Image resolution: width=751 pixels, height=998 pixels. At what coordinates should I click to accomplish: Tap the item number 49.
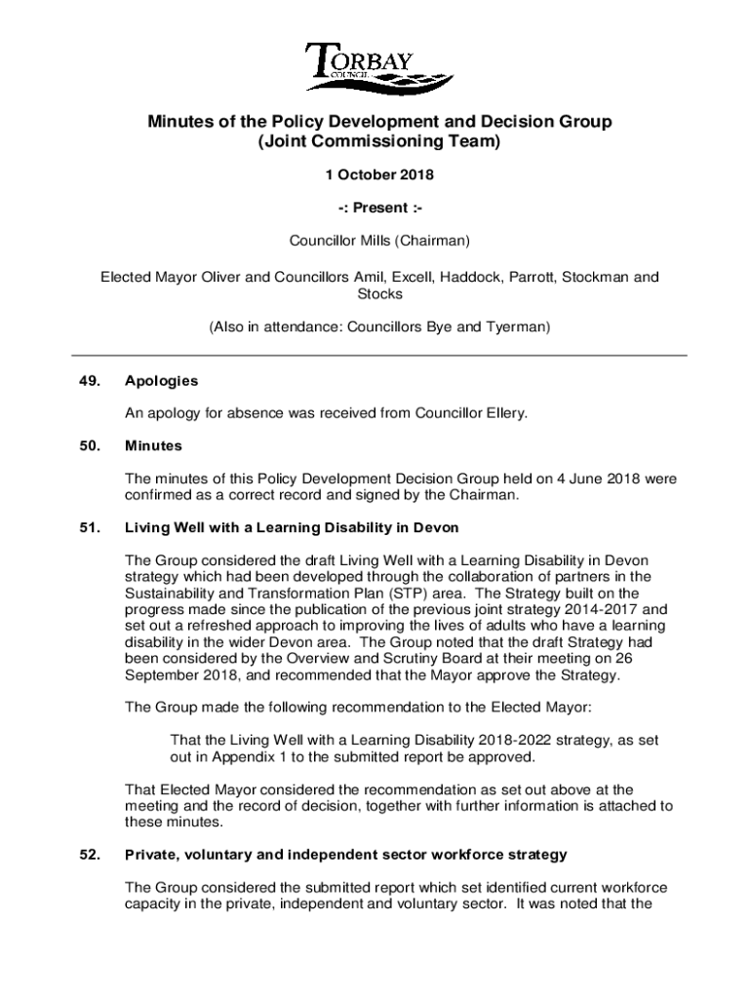pos(90,381)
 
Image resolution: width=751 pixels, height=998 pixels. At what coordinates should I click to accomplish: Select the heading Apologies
pos(161,381)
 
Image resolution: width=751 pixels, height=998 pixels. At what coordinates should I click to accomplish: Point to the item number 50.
pos(90,446)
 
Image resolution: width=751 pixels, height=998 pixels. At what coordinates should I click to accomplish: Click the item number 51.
pos(90,527)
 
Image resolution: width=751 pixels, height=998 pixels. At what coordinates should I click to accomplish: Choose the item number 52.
pos(90,855)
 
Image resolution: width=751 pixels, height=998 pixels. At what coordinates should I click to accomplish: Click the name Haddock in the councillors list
pos(467,277)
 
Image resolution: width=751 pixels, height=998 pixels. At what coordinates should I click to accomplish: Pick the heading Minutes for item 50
pos(153,446)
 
